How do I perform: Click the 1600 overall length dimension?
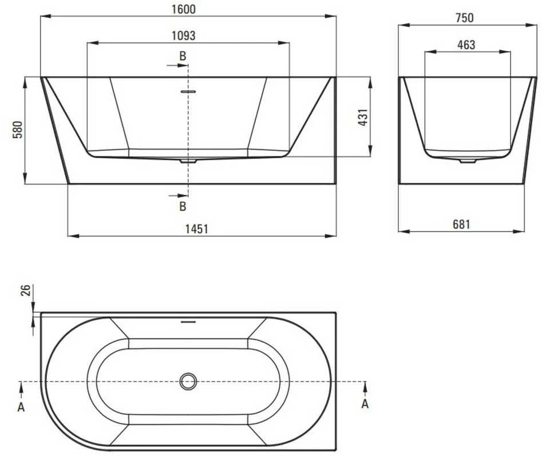184,9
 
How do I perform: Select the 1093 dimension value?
184,36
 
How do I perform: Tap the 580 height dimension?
17,129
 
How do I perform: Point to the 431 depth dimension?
363,117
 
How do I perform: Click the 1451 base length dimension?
197,229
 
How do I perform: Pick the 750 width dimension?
464,18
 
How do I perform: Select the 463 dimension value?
466,45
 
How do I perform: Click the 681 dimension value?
461,224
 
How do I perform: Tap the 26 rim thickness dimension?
26,290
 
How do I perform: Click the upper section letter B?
183,56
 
